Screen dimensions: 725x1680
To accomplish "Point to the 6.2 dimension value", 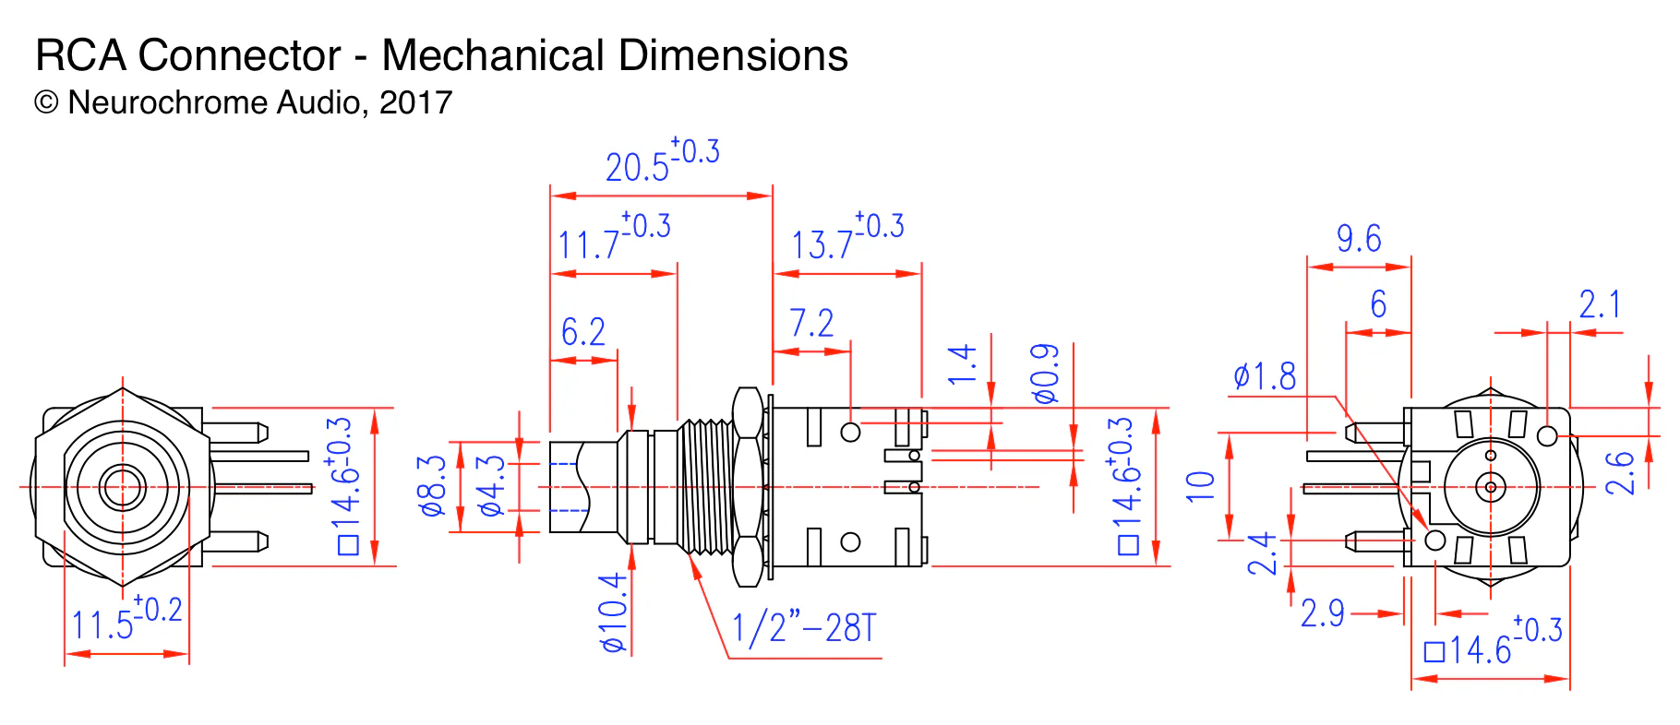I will (582, 331).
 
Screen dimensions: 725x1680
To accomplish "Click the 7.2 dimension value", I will (811, 323).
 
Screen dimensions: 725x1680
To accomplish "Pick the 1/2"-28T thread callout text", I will (802, 629).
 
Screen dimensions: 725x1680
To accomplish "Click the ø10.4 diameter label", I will (614, 612).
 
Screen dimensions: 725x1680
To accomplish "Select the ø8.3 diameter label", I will (433, 485).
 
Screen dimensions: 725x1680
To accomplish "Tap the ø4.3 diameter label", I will (490, 485).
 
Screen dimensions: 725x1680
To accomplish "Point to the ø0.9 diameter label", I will (1046, 374).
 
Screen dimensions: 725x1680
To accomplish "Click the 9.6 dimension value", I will (1359, 239).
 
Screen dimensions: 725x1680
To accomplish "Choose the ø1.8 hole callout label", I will (1265, 376).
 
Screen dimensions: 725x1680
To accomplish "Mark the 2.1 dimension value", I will (1599, 304).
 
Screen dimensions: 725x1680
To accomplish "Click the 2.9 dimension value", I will (1322, 613).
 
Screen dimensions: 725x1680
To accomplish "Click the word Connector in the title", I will (239, 55).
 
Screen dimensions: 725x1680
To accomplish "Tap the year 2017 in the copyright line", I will (415, 102).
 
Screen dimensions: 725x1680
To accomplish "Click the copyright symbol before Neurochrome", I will (46, 102).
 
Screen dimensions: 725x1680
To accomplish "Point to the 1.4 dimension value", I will (962, 364).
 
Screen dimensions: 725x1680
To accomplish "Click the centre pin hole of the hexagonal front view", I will (123, 486).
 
